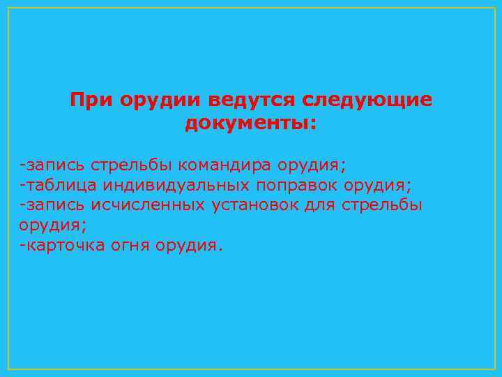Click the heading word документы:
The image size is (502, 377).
250,125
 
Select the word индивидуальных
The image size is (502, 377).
177,186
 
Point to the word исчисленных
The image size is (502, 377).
146,206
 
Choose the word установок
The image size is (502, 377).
261,206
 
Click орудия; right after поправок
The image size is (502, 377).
379,186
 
